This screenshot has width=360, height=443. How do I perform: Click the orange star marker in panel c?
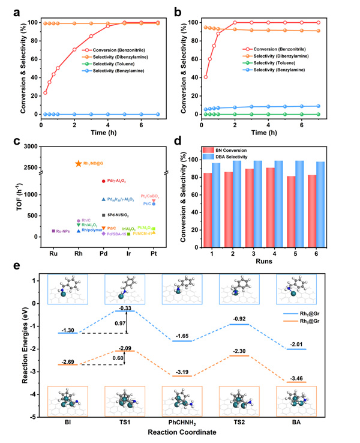click(x=79, y=163)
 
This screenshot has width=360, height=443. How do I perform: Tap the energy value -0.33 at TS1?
click(x=125, y=308)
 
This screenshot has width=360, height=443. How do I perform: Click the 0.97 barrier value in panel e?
click(x=120, y=324)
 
